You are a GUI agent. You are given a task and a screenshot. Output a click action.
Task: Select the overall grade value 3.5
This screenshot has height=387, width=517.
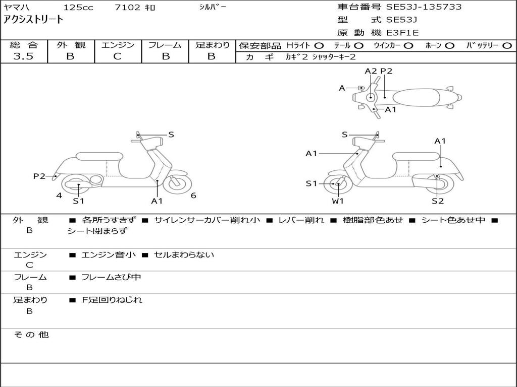pyautogui.click(x=23, y=56)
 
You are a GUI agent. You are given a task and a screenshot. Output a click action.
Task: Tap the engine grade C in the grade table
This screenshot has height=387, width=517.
pyautogui.click(x=118, y=56)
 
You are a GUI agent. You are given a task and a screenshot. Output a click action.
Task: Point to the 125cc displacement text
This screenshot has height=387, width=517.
pyautogui.click(x=77, y=8)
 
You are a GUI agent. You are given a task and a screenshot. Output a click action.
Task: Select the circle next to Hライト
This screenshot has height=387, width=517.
pyautogui.click(x=319, y=45)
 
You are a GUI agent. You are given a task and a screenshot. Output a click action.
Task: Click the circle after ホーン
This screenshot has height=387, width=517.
pyautogui.click(x=449, y=45)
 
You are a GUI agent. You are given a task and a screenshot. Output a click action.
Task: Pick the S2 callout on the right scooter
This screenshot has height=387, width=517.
pyautogui.click(x=438, y=201)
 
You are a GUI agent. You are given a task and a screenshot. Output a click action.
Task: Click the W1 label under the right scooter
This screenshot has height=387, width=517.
pyautogui.click(x=338, y=201)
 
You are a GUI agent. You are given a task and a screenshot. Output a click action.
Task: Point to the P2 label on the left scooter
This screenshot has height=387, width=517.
pyautogui.click(x=39, y=176)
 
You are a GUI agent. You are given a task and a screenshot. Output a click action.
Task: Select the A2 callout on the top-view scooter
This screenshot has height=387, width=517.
pyautogui.click(x=371, y=71)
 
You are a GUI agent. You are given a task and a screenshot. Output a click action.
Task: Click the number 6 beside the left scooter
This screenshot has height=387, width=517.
pyautogui.click(x=193, y=196)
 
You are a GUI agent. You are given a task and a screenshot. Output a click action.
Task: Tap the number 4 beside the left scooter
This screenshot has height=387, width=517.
pyautogui.click(x=59, y=196)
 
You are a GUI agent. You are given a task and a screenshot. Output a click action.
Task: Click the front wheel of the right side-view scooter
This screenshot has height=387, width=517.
pyautogui.click(x=337, y=184)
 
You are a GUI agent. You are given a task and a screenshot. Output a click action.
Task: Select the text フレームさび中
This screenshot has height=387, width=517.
pyautogui.click(x=111, y=277)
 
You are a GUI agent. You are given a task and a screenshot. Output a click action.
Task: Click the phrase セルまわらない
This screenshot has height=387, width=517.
pyautogui.click(x=184, y=254)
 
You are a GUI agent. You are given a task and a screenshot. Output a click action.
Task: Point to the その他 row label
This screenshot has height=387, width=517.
pyautogui.click(x=31, y=335)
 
